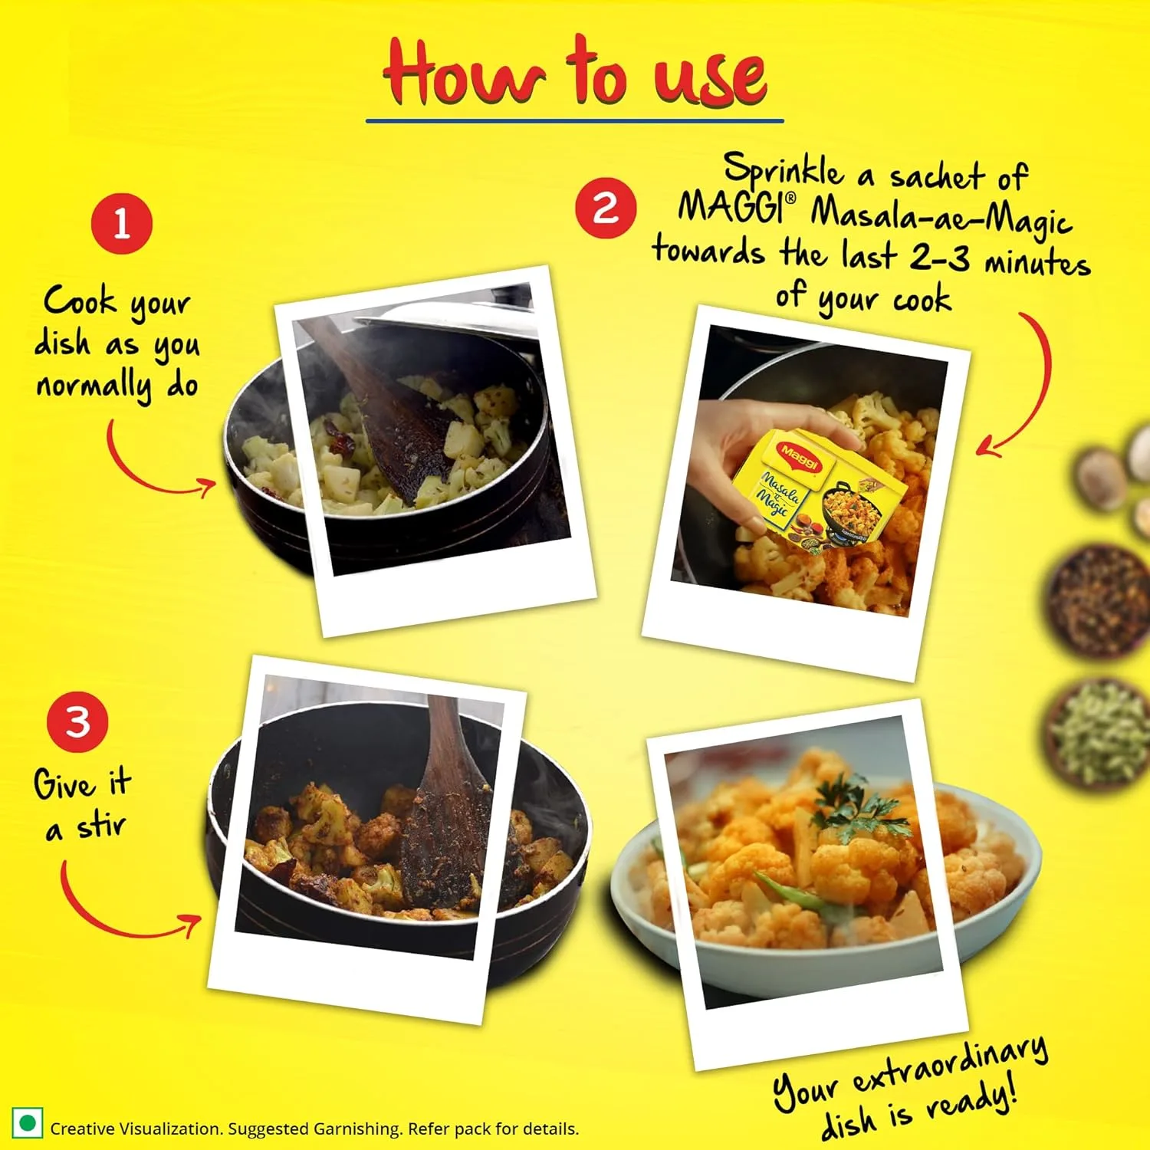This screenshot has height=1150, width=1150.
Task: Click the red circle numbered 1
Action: tap(121, 224)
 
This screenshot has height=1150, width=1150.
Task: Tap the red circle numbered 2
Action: tap(606, 208)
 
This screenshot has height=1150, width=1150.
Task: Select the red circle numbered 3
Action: tap(77, 721)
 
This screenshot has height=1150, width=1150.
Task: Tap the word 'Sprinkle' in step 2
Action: tap(783, 171)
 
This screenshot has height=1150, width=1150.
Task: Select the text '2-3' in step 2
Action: tap(940, 258)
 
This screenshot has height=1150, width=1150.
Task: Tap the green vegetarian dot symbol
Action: tap(28, 1124)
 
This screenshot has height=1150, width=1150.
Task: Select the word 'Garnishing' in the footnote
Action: tap(357, 1129)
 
